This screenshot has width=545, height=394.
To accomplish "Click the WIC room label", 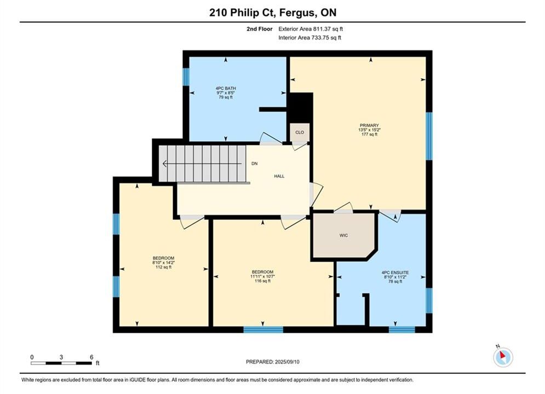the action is click(x=344, y=235).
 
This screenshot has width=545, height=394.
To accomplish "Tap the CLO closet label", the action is click(x=300, y=132).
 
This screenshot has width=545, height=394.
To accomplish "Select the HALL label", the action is click(x=279, y=176).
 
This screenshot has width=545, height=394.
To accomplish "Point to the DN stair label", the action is click(x=255, y=164).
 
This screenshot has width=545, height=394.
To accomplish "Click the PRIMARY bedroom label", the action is click(x=369, y=125).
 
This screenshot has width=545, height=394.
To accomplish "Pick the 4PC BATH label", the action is click(x=226, y=89).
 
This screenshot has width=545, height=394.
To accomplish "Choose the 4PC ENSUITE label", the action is click(x=395, y=273).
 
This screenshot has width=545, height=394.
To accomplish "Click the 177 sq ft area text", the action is click(x=369, y=134).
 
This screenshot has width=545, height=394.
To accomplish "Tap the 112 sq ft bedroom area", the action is click(x=163, y=267).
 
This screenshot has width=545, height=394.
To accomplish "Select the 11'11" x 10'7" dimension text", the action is click(x=262, y=276).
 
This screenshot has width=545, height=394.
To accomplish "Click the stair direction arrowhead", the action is click(x=165, y=164).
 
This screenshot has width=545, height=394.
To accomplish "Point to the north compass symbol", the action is click(x=503, y=356).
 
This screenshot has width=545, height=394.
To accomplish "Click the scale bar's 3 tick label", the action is click(x=61, y=357).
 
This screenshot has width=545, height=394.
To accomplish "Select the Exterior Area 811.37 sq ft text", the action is click(x=311, y=29).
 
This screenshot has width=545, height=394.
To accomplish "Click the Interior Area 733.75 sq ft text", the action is click(x=309, y=38).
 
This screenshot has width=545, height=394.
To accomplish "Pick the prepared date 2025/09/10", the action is click(x=287, y=362).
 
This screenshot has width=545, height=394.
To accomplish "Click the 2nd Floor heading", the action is click(x=260, y=29).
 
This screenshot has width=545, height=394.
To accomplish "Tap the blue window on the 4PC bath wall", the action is click(x=186, y=77).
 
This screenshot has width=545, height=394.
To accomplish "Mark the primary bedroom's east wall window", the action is click(x=429, y=136).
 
